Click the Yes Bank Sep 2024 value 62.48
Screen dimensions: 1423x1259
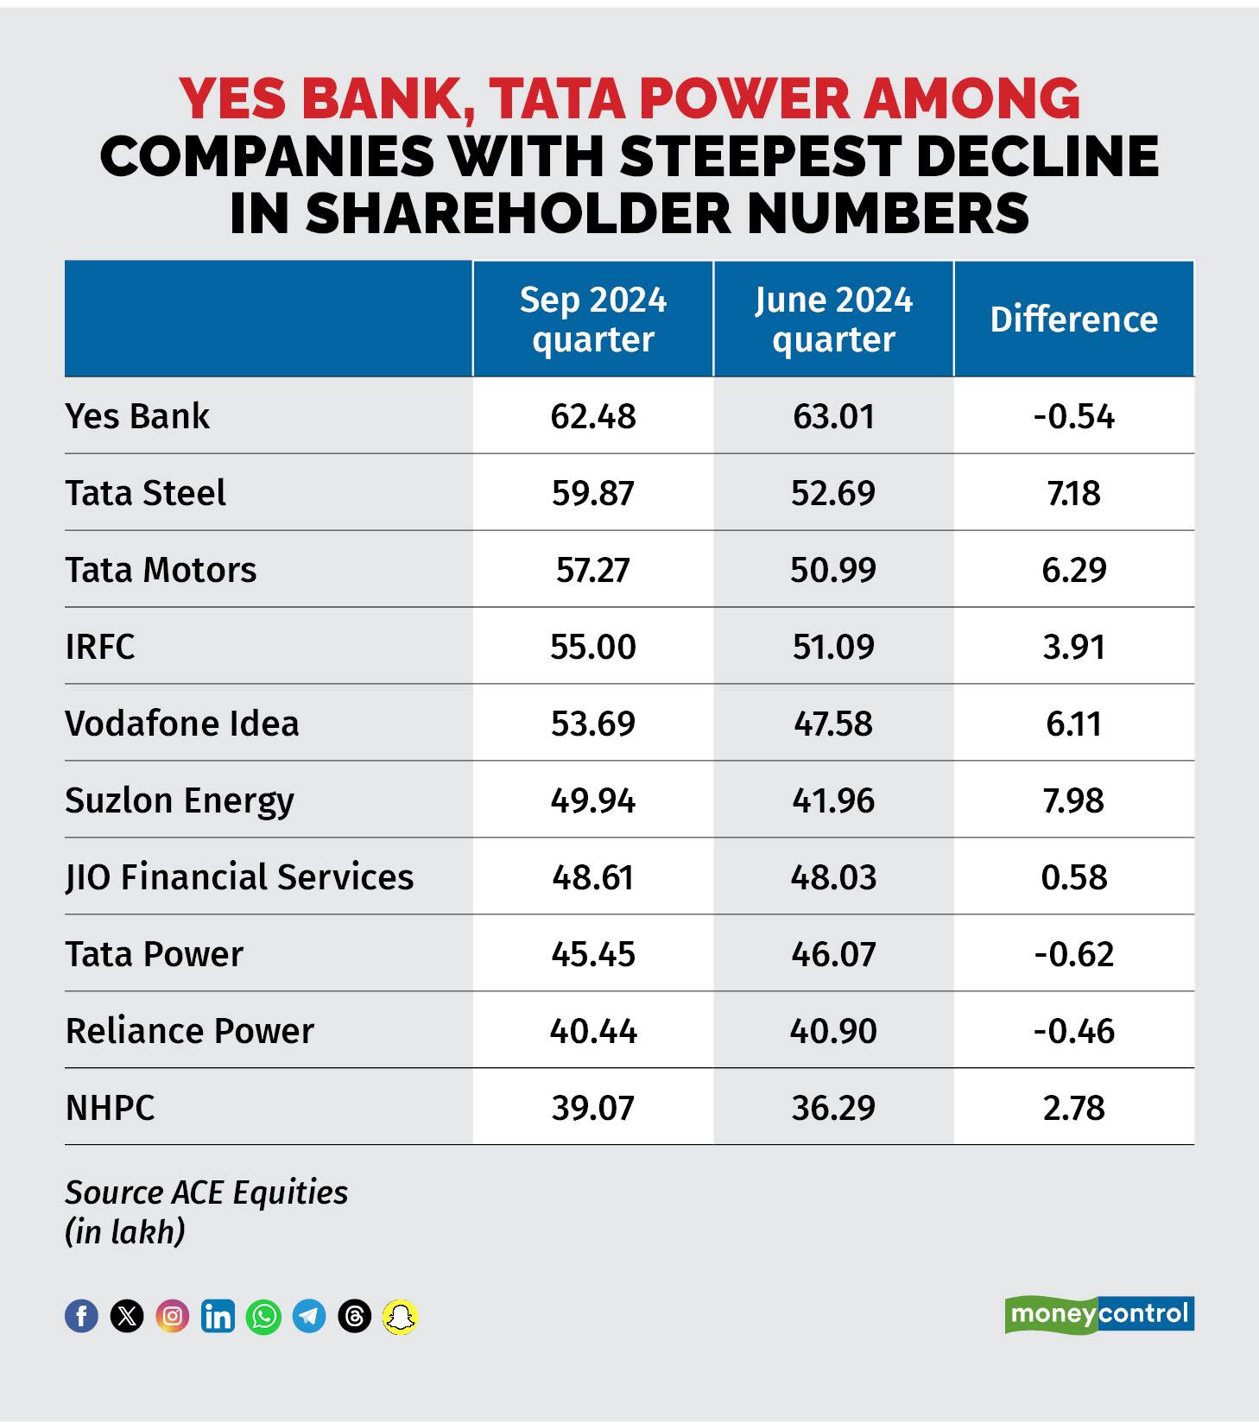(x=592, y=416)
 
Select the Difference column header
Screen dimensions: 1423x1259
(x=1073, y=319)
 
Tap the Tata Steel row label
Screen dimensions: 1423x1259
(x=145, y=493)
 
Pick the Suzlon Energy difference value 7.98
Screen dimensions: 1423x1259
(x=1073, y=800)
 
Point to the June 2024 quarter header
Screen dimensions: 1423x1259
(x=833, y=319)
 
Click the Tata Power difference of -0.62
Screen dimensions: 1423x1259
(x=1073, y=954)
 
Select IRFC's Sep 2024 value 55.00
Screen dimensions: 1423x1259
(x=592, y=647)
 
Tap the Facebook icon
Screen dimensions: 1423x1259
(x=82, y=1316)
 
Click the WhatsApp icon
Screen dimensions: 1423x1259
(x=263, y=1316)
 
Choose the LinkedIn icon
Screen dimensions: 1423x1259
(x=218, y=1316)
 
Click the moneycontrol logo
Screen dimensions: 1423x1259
(x=1098, y=1314)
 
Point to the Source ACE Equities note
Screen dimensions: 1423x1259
(x=206, y=1192)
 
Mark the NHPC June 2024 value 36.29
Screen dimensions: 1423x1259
(x=833, y=1108)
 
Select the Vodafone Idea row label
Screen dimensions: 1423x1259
(x=181, y=724)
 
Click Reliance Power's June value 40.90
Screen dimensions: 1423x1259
(x=833, y=1031)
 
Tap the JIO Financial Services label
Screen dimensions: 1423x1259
(x=239, y=877)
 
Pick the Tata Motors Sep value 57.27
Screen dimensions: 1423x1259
(x=592, y=570)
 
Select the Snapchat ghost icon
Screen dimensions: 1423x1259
(x=400, y=1316)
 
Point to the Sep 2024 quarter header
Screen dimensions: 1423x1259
(x=592, y=319)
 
